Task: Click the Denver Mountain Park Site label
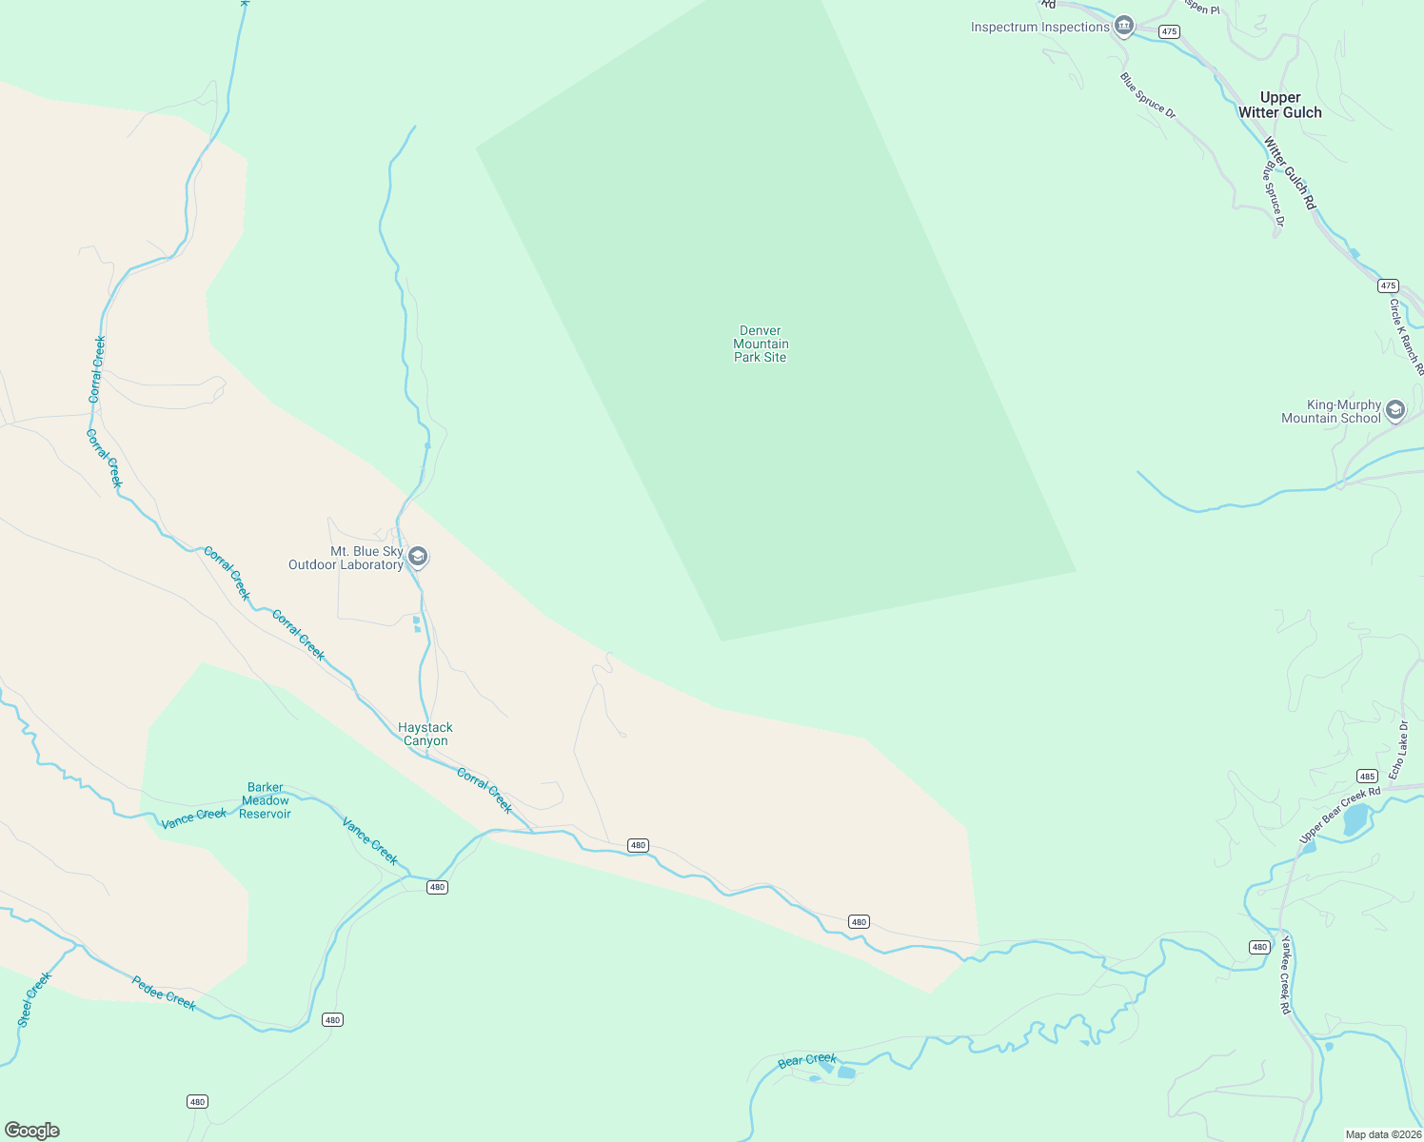coord(761,345)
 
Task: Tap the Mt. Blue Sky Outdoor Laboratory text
coord(346,559)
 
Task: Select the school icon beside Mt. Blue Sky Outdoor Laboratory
coord(417,556)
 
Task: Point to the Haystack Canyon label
coord(425,734)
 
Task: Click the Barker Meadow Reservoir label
coord(266,800)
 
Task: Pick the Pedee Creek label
coord(164,994)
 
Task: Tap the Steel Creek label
coord(34,999)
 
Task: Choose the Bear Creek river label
coord(807,1060)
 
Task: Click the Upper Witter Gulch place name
coord(1280,105)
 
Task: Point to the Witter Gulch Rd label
coord(1290,173)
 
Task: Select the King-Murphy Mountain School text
coord(1331,411)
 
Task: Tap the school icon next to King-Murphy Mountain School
coord(1395,410)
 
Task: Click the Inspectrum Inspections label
coord(1040,27)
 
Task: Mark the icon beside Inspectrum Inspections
coord(1124,26)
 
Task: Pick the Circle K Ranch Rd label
coord(1406,337)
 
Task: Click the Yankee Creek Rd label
coord(1286,975)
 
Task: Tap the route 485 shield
coord(1367,776)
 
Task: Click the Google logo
coord(32,1131)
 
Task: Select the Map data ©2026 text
coord(1381,1134)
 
